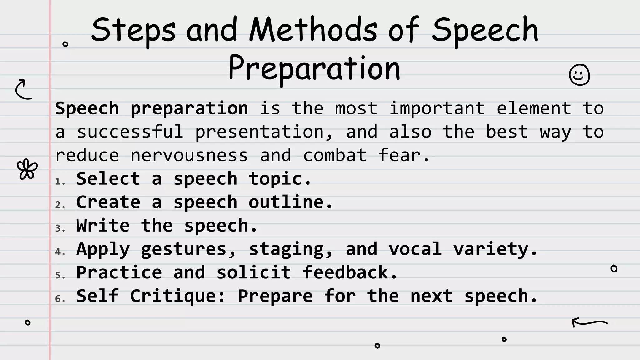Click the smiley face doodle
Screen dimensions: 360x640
[579, 75]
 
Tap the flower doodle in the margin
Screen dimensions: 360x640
[27, 169]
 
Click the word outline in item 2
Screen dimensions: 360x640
[290, 202]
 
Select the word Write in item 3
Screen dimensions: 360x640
[103, 225]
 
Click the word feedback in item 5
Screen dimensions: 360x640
[349, 272]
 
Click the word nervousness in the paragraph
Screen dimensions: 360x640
[189, 155]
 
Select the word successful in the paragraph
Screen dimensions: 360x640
[130, 132]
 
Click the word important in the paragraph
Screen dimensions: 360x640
[437, 108]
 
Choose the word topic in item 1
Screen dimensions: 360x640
[279, 179]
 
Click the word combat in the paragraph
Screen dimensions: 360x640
[335, 155]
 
